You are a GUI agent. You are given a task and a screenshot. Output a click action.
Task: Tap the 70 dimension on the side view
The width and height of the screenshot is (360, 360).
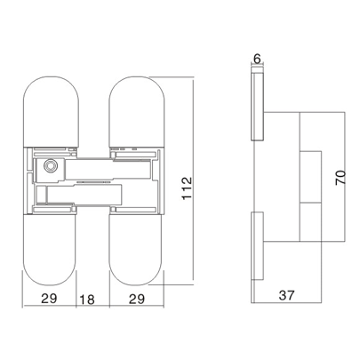[x=339, y=180]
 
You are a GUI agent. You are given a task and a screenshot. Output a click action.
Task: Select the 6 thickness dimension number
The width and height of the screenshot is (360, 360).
[x=257, y=59]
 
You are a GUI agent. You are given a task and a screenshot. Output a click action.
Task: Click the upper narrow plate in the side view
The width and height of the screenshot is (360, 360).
[x=257, y=107]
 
